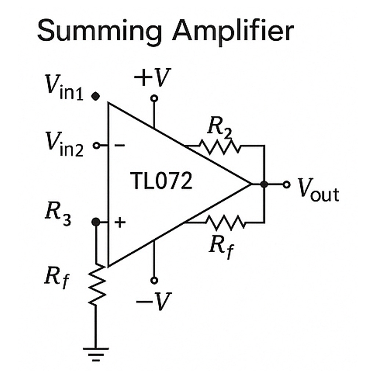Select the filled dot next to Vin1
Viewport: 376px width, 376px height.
point(96,97)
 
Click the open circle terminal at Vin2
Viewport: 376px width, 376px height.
point(97,146)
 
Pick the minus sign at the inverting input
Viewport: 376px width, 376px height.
point(120,146)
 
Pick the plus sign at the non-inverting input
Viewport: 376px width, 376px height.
point(120,222)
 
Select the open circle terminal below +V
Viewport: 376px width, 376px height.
point(154,98)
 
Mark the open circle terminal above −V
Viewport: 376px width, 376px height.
point(154,280)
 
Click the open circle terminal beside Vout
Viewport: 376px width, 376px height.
point(287,184)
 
